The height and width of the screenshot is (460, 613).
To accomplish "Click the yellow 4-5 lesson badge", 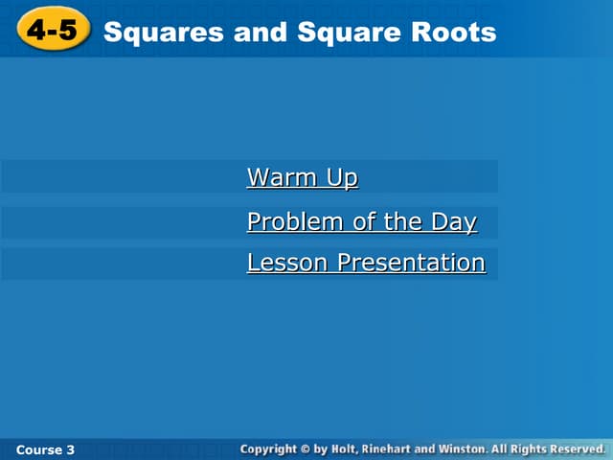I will tap(52, 32).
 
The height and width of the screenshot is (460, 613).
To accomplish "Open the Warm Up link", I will tap(303, 178).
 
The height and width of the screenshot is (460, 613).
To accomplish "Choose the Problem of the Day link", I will tap(361, 222).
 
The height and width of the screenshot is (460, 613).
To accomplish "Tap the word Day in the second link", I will tap(453, 222).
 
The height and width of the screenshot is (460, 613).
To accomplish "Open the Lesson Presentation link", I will tap(366, 263).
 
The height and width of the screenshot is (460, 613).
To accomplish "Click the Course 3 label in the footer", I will tap(45, 449).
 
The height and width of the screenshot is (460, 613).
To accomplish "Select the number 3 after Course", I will tap(70, 449).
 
